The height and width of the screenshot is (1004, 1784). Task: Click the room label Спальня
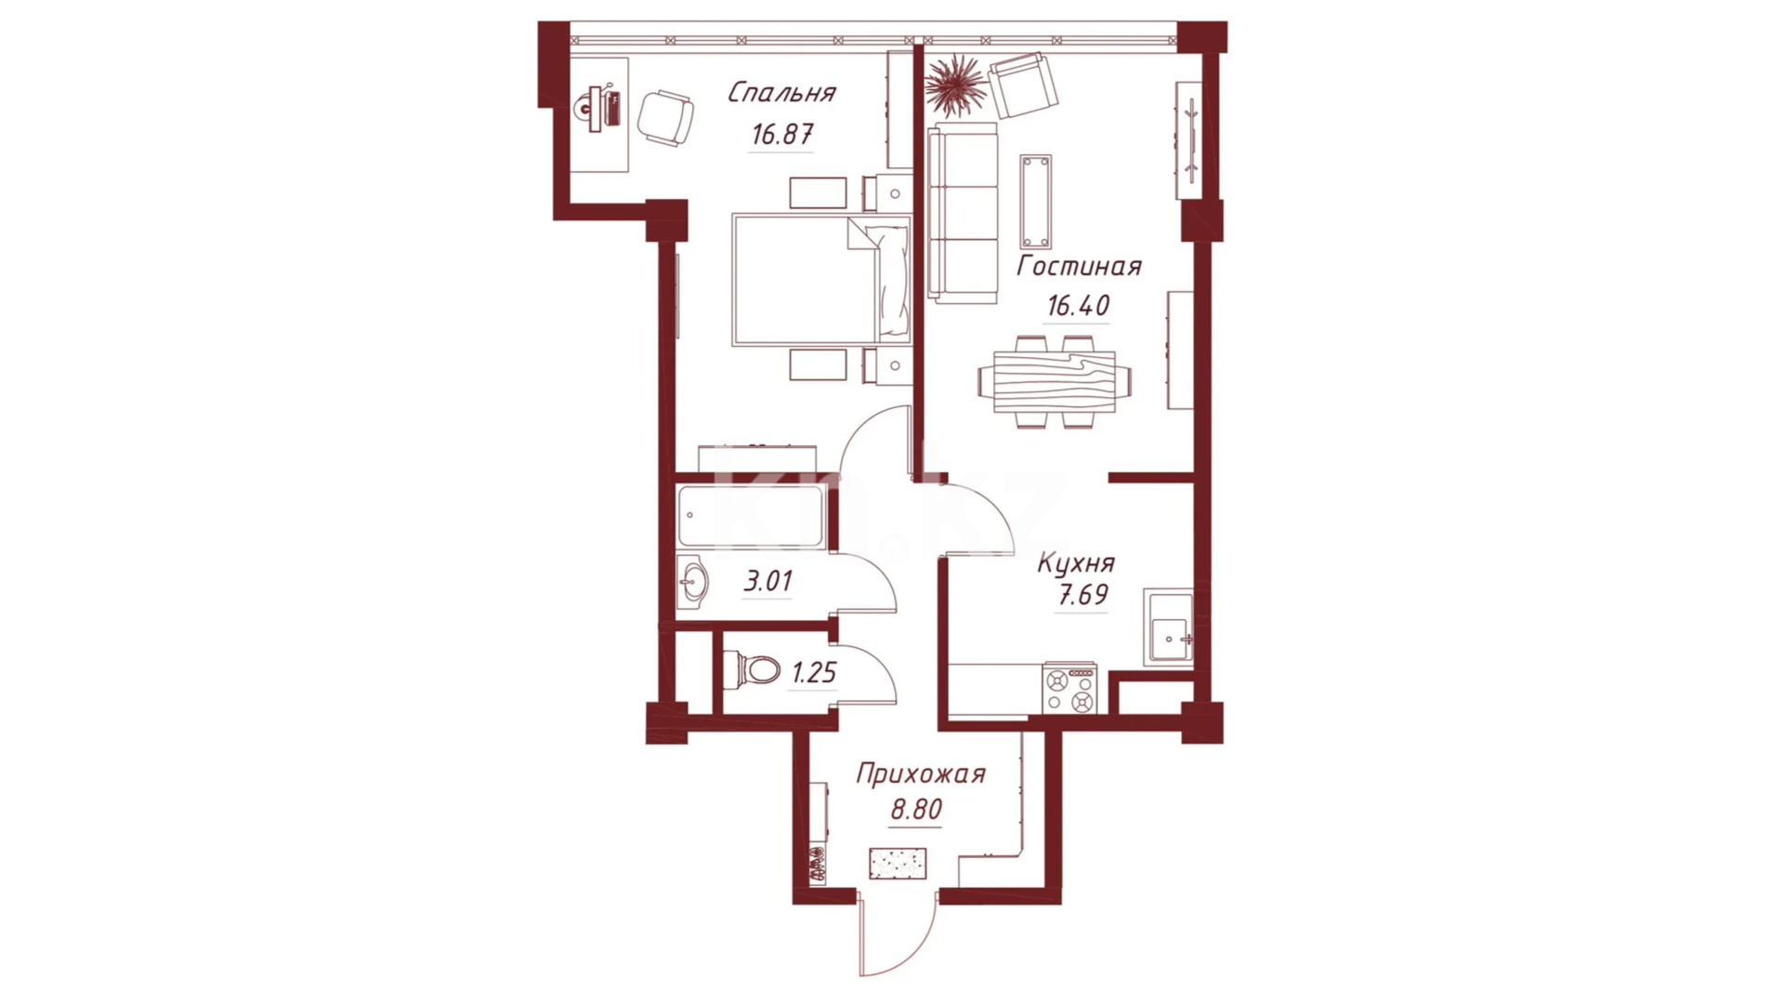[781, 93]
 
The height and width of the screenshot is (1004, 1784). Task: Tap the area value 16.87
[782, 134]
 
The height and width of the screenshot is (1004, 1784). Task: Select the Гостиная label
[1079, 266]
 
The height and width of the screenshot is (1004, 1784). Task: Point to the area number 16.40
[1078, 305]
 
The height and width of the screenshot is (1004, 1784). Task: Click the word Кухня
[1076, 563]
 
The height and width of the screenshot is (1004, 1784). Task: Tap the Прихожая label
[920, 774]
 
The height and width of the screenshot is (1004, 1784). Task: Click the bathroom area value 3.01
[768, 582]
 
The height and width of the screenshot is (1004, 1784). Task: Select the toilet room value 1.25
[814, 672]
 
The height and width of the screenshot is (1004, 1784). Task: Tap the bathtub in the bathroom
[751, 516]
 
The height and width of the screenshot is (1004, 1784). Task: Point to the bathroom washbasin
[692, 583]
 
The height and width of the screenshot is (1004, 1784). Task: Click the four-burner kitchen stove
[1069, 688]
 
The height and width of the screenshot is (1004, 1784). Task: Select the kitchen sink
[1169, 629]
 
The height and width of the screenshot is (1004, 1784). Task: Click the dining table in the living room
[1055, 381]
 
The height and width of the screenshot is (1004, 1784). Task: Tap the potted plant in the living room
[955, 86]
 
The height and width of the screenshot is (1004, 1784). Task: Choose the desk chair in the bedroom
[665, 118]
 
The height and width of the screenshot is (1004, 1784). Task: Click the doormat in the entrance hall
[898, 863]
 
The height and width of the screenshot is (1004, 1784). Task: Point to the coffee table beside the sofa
[1036, 202]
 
